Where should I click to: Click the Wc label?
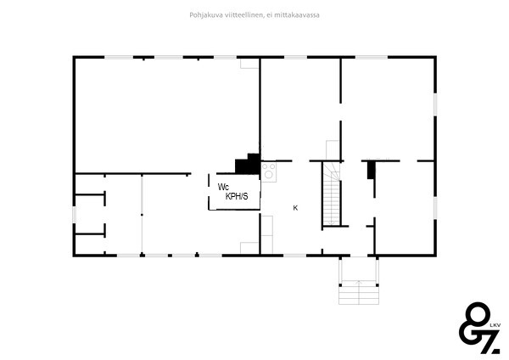click(x=223, y=187)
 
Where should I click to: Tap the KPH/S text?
click(x=237, y=196)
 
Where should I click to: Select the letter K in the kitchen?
click(x=295, y=208)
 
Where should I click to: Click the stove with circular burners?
click(x=269, y=172)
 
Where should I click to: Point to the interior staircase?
click(x=332, y=194)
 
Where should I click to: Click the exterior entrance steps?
click(x=359, y=292)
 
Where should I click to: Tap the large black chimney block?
click(x=248, y=164)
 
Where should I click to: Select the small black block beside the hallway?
click(x=371, y=170)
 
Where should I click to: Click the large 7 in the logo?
click(x=488, y=342)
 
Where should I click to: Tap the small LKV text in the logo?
click(x=495, y=325)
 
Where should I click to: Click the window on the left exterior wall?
click(x=75, y=215)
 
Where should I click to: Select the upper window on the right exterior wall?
click(x=435, y=104)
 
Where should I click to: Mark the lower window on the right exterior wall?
click(x=435, y=208)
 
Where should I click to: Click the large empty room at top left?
click(x=167, y=115)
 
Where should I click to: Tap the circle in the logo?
click(x=478, y=315)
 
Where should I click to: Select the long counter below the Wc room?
click(x=267, y=234)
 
